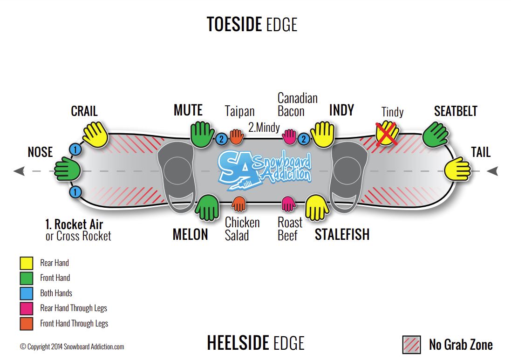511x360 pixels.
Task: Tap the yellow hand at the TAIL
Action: pyautogui.click(x=457, y=169)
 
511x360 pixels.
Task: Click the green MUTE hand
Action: pyautogui.click(x=202, y=134)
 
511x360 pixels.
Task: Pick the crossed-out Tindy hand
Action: pyautogui.click(x=387, y=132)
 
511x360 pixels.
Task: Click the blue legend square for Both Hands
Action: pyautogui.click(x=26, y=293)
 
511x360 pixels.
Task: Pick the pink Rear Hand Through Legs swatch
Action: pyautogui.click(x=26, y=308)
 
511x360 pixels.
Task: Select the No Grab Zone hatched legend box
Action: pyautogui.click(x=411, y=345)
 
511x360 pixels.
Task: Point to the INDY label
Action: pyautogui.click(x=341, y=110)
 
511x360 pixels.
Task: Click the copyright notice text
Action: pyautogui.click(x=72, y=346)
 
